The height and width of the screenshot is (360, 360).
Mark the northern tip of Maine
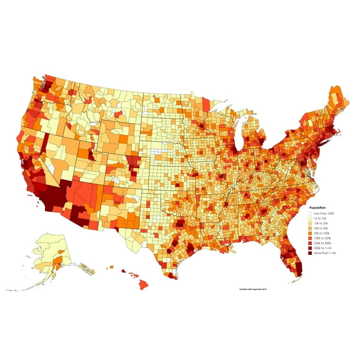tap(338, 89)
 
